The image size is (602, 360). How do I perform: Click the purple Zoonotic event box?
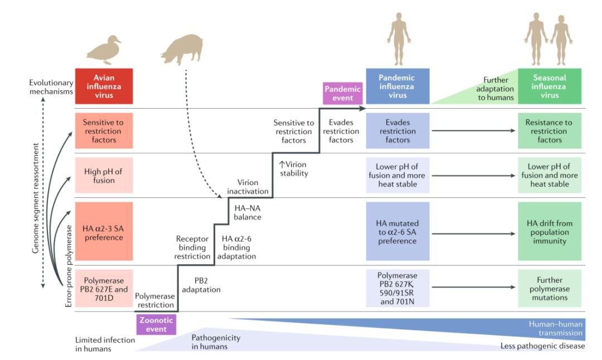[x=156, y=324]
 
